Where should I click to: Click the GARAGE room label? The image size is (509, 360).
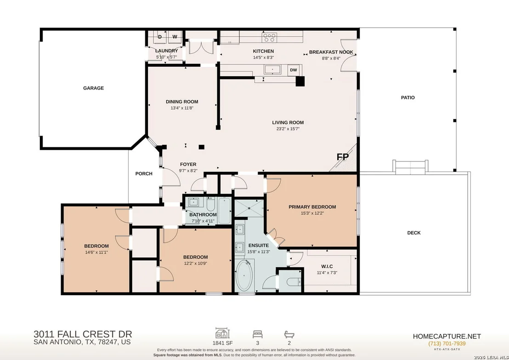point(94,88)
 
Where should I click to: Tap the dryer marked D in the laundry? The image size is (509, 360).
point(160,37)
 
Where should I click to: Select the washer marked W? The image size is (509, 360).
point(175,37)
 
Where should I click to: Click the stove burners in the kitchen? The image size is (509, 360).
point(270,37)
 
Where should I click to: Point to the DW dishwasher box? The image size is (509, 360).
point(294,70)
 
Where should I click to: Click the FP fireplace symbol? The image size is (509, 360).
point(342,157)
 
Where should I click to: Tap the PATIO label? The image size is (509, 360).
point(408,97)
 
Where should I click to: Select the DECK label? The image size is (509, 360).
point(414,233)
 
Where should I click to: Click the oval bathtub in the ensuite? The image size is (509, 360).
point(244,275)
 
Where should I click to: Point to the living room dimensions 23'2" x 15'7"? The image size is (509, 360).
point(288,129)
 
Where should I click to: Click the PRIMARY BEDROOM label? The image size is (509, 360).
point(312,207)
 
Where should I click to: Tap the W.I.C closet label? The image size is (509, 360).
point(327,266)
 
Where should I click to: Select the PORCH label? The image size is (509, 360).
point(144,173)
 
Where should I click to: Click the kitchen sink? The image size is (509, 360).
point(272,69)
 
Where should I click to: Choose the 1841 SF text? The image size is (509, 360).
point(223,343)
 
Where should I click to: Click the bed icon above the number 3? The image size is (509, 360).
point(258,334)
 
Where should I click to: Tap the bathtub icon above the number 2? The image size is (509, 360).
point(289,334)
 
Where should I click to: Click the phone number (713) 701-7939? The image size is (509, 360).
point(447,343)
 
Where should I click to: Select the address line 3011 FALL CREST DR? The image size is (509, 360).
point(83,334)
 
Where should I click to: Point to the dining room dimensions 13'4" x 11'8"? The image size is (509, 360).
point(182,108)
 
